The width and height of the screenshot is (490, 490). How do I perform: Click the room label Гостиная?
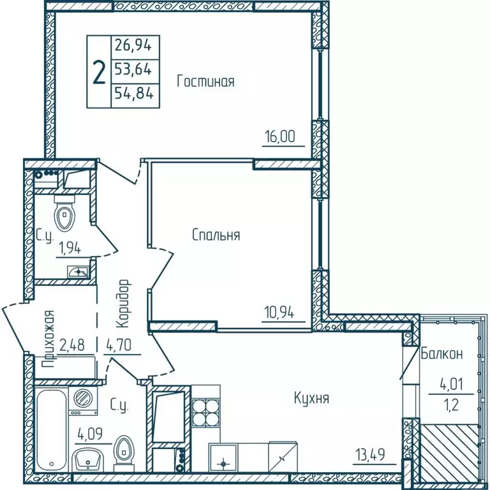(x=205, y=82)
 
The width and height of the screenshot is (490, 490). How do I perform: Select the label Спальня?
(x=216, y=235)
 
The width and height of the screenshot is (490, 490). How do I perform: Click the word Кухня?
(x=311, y=399)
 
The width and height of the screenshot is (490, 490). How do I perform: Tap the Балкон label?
(x=442, y=353)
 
